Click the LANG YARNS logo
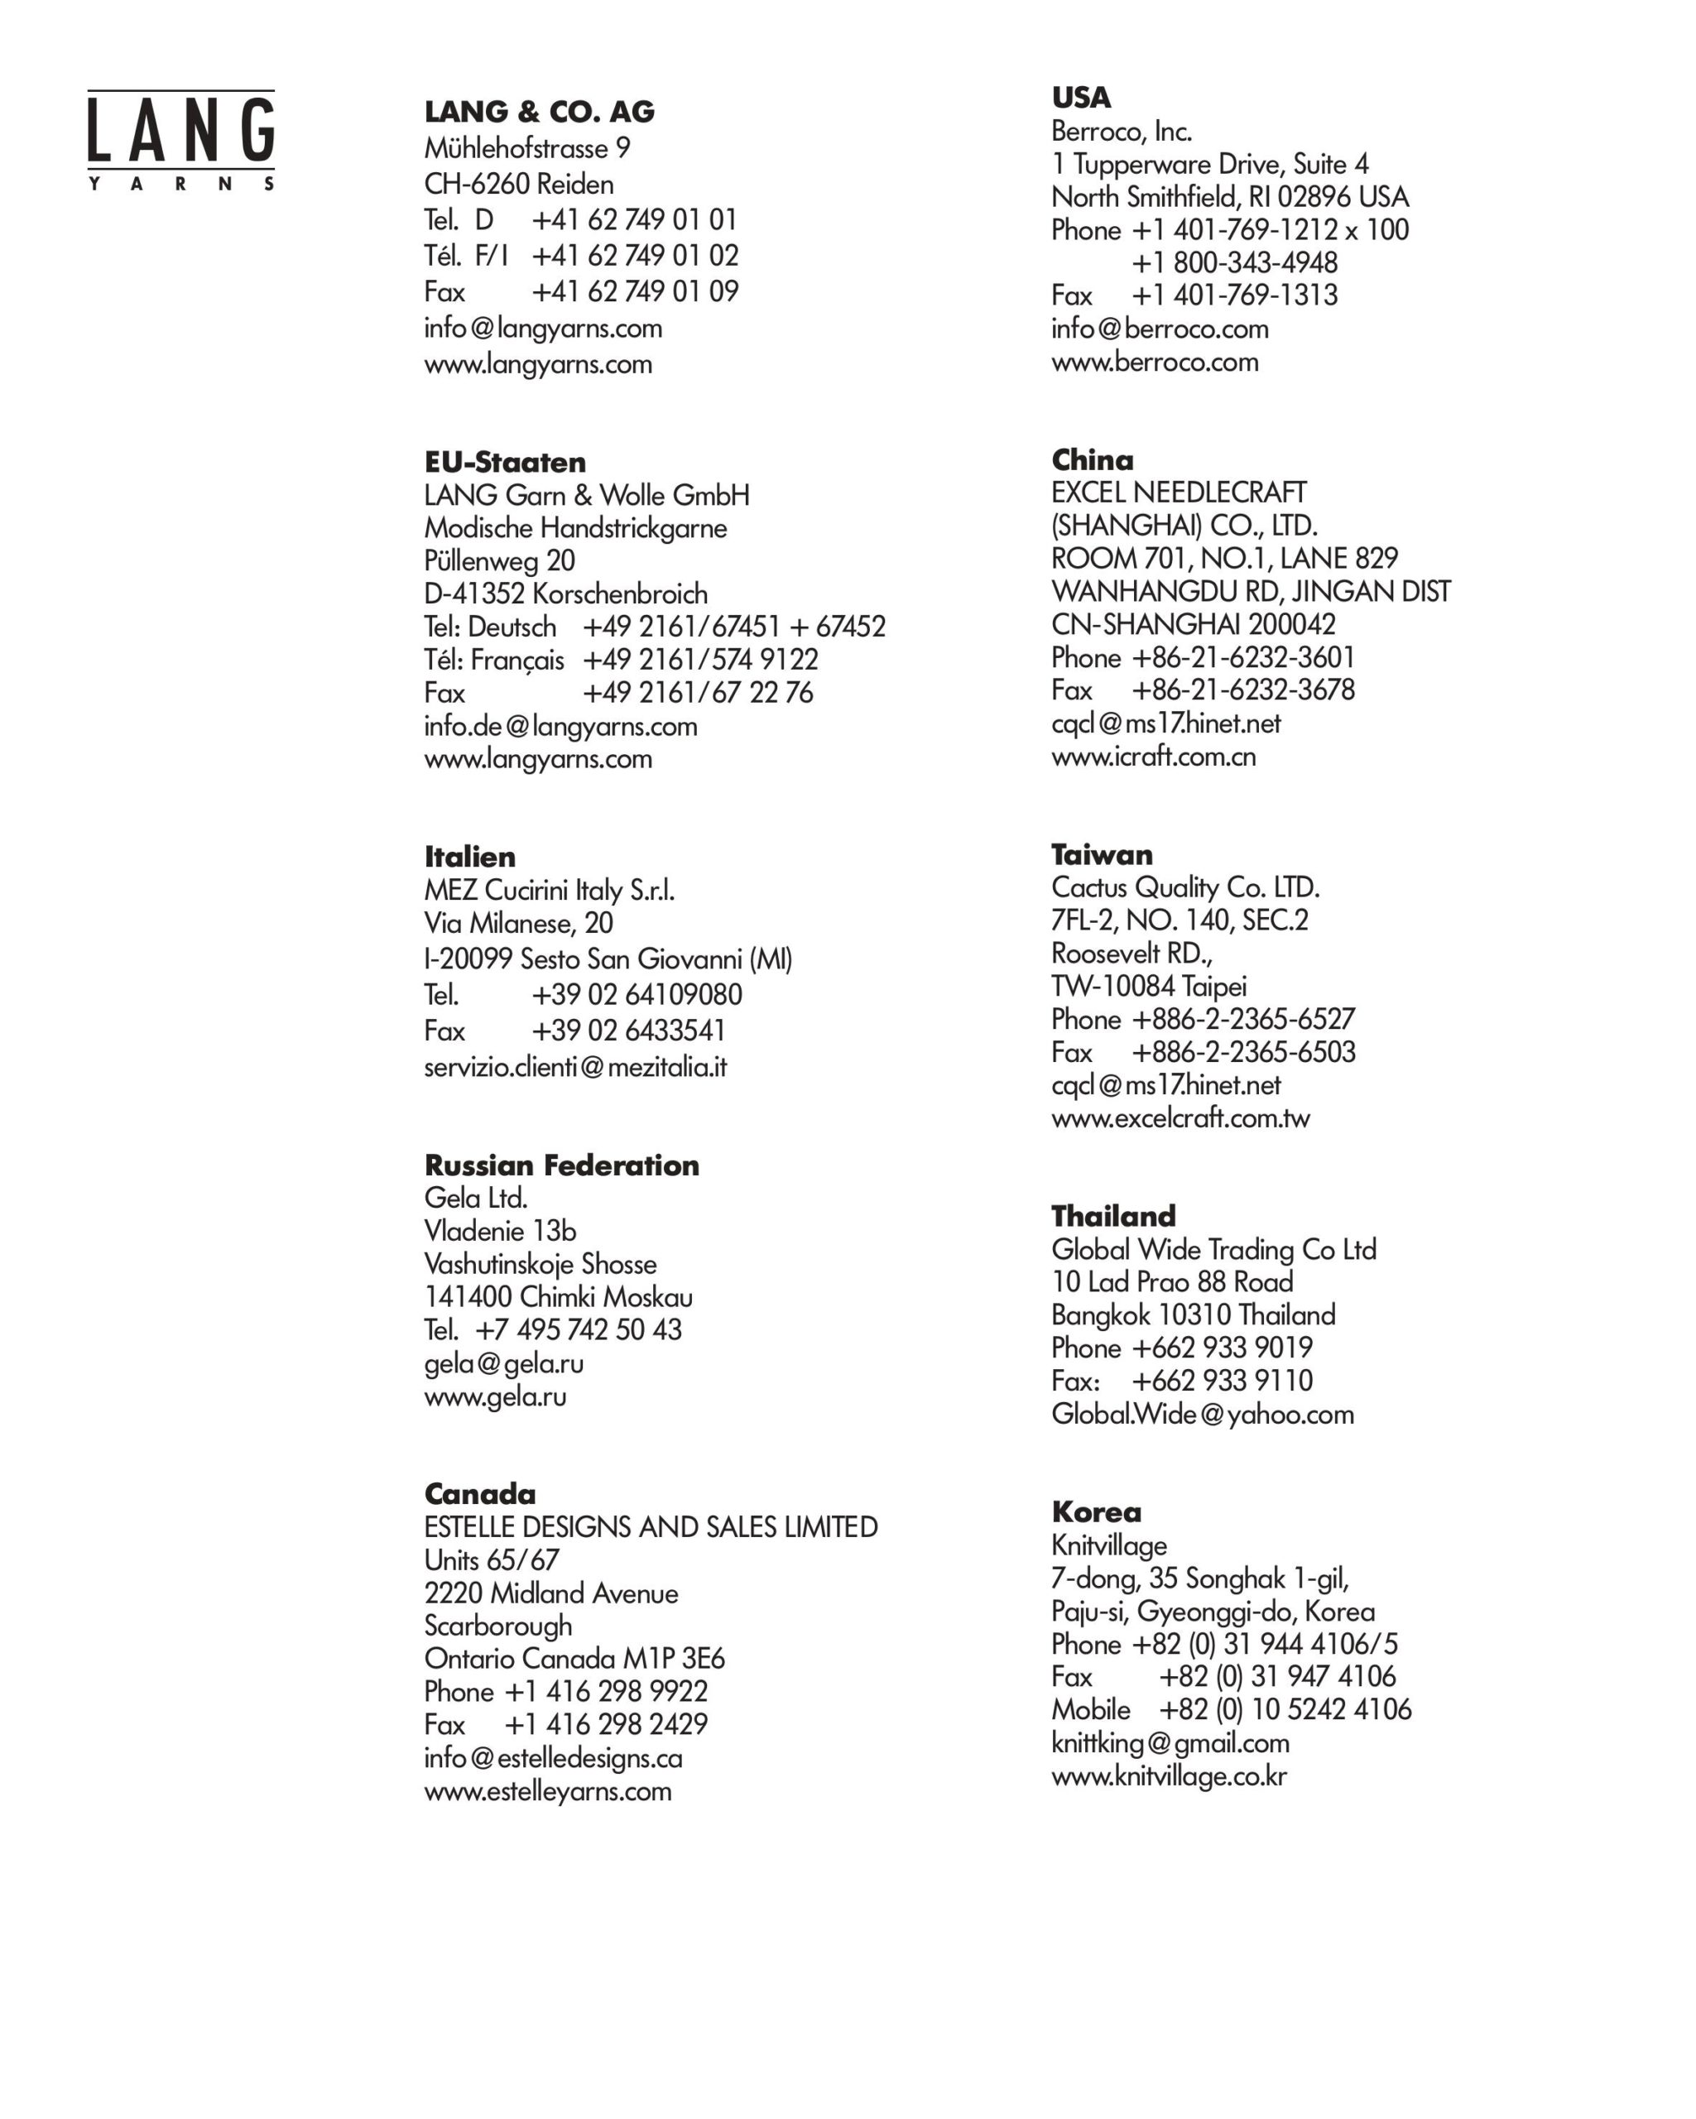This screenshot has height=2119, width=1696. [x=180, y=141]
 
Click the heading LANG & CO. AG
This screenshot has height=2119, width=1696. [x=539, y=112]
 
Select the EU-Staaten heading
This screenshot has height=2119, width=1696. [x=504, y=462]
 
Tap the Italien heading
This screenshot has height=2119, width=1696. [x=468, y=856]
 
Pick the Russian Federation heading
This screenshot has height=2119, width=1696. [x=561, y=1165]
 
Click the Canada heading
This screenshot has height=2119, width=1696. [x=479, y=1494]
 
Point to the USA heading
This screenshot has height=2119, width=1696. [x=1080, y=98]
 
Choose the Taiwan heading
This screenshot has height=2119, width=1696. [x=1101, y=854]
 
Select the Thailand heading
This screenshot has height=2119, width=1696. [x=1112, y=1216]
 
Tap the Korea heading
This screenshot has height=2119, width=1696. [x=1096, y=1511]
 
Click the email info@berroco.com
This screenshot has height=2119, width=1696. [x=1159, y=329]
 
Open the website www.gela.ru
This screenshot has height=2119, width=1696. [x=494, y=1396]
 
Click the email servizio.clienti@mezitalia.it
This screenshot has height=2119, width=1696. [x=574, y=1066]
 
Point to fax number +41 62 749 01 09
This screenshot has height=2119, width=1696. [x=635, y=292]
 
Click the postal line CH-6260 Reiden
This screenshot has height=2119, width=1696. [x=518, y=184]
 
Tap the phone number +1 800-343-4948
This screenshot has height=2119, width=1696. [x=1233, y=262]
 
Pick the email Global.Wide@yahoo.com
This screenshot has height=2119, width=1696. [x=1202, y=1415]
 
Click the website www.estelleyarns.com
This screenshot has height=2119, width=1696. [x=547, y=1790]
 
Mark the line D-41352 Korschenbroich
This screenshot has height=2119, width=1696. [x=565, y=593]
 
